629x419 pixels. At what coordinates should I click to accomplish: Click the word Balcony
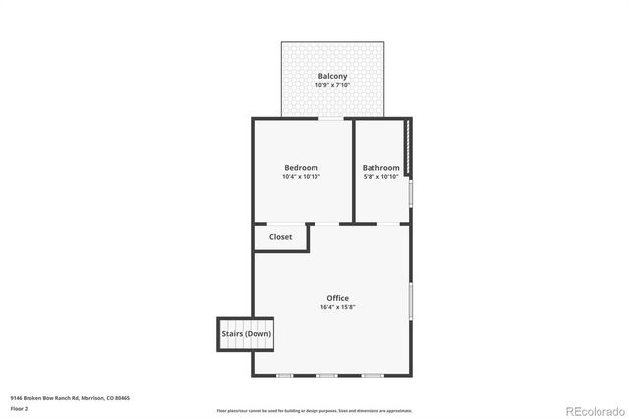pos(332,76)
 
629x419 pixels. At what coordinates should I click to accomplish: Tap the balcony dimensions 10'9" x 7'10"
pos(332,85)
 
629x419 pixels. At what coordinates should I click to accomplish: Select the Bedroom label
pos(302,168)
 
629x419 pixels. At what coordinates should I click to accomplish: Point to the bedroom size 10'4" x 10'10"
pos(302,177)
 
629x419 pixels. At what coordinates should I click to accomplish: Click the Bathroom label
pos(380,168)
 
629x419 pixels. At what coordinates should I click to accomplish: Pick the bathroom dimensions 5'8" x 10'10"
pos(380,177)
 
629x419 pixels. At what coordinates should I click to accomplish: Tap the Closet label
pos(280,237)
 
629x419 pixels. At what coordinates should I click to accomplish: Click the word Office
pos(337,298)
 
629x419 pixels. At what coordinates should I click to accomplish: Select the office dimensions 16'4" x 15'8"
pos(337,307)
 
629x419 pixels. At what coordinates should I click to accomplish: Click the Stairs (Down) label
pos(247,334)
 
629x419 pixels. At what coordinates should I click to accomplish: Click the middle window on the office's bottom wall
pos(327,375)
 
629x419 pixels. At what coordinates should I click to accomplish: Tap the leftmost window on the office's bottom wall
pos(284,375)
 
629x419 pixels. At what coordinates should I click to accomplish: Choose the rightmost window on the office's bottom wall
pos(371,375)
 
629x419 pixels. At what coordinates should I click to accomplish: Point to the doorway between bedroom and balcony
pos(331,119)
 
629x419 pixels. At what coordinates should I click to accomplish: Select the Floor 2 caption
pos(20,408)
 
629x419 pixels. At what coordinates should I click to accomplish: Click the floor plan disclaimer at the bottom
pos(314,411)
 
